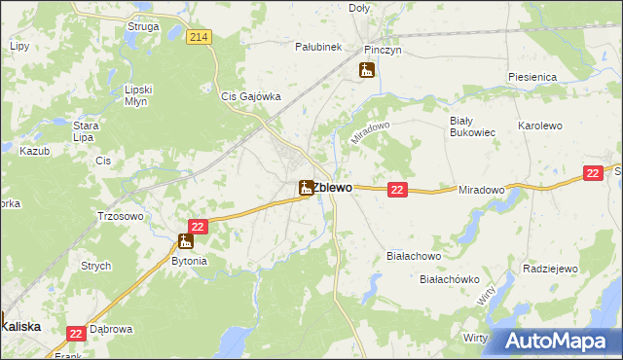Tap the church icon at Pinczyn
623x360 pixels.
366,69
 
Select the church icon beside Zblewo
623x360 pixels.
306,187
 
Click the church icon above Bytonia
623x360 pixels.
185,240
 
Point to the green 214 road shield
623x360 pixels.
199,37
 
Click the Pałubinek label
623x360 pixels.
318,46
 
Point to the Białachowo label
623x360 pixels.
414,257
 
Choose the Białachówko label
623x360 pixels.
450,279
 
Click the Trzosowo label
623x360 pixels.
122,217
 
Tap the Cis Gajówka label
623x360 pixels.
251,96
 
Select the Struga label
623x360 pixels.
143,26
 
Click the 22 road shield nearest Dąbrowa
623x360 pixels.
77,334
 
